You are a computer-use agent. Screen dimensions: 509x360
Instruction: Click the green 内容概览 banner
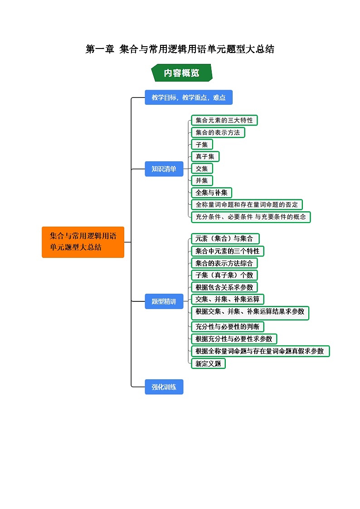point(181,73)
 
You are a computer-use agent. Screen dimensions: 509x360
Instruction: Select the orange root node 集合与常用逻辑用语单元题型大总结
point(83,242)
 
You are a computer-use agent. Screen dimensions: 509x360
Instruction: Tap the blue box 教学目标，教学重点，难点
point(188,97)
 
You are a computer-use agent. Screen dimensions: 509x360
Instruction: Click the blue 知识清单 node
point(164,169)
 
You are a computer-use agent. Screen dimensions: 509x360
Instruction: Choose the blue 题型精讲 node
point(164,301)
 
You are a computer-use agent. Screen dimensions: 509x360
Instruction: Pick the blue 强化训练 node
point(164,387)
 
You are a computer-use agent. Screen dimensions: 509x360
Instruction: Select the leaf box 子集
point(202,145)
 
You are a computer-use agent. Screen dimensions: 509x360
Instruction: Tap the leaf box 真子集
point(205,156)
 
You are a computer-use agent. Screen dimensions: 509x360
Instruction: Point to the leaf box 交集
point(202,169)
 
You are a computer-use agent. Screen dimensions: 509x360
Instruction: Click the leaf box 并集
point(202,180)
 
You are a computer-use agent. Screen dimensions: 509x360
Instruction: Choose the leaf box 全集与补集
point(211,193)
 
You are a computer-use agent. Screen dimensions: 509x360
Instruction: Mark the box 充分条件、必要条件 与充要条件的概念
point(251,217)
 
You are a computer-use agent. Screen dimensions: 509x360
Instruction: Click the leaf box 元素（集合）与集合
point(225,239)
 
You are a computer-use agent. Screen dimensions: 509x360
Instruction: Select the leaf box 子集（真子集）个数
point(224,275)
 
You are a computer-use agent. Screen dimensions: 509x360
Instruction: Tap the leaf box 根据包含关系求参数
point(224,287)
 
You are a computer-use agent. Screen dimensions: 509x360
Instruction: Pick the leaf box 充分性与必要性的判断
point(227,326)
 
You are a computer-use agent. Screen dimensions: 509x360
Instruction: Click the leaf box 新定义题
point(208,363)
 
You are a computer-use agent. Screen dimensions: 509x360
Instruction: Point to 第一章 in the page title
point(100,49)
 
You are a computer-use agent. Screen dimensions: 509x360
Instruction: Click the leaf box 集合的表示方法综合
point(224,263)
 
